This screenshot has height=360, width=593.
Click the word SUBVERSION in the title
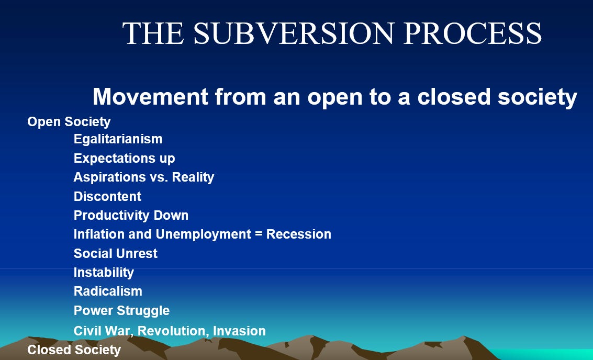[294, 33]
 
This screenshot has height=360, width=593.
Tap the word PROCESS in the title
[473, 33]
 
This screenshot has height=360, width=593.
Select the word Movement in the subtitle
[151, 96]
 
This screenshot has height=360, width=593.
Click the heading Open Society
[69, 122]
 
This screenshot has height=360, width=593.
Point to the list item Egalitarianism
[118, 139]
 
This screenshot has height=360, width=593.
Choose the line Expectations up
[125, 158]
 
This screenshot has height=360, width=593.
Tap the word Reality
[193, 177]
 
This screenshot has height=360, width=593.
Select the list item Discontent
[107, 196]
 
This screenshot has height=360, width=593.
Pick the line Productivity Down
[131, 215]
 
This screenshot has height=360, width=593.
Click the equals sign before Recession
[259, 234]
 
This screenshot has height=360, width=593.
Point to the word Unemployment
[203, 234]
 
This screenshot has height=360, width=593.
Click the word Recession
[299, 234]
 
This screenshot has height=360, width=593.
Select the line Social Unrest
[115, 253]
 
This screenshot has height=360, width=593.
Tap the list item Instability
[104, 272]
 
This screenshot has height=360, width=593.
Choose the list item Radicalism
[108, 291]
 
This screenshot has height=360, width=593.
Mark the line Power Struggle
[121, 310]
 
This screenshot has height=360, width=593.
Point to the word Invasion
[239, 331]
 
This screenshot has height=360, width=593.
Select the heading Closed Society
[74, 350]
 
